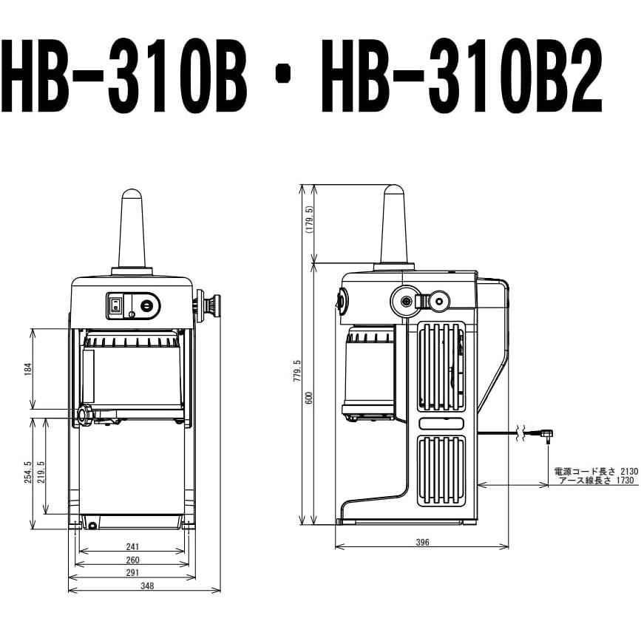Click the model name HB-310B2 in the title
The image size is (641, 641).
click(x=461, y=76)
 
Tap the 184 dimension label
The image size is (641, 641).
click(x=28, y=369)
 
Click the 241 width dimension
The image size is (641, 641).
click(x=133, y=546)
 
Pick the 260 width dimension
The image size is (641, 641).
click(x=133, y=560)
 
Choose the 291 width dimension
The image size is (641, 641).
click(x=133, y=573)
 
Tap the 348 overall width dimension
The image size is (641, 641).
click(x=147, y=586)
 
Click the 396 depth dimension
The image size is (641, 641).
click(x=422, y=542)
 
